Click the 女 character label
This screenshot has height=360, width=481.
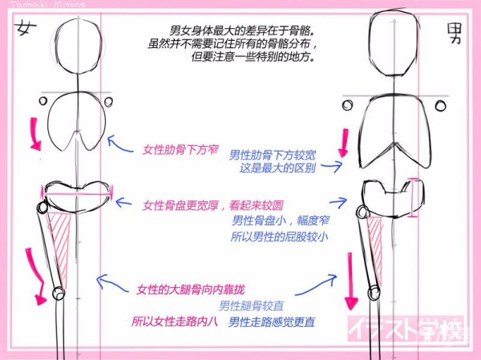click(26, 27)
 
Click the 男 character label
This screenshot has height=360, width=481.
click(455, 33)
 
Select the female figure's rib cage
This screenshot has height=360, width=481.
click(48, 123)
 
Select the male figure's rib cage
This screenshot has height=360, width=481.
click(362, 132)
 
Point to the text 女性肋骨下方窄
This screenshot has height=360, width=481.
click(180, 150)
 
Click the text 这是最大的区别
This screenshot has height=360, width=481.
click(277, 168)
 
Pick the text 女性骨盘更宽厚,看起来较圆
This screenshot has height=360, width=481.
click(213, 205)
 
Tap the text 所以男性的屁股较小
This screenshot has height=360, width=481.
click(279, 237)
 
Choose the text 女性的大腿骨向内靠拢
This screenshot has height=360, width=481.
click(191, 289)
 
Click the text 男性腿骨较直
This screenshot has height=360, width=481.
click(251, 305)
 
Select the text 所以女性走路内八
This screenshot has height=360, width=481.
click(175, 322)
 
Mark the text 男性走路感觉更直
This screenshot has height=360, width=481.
click(272, 322)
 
